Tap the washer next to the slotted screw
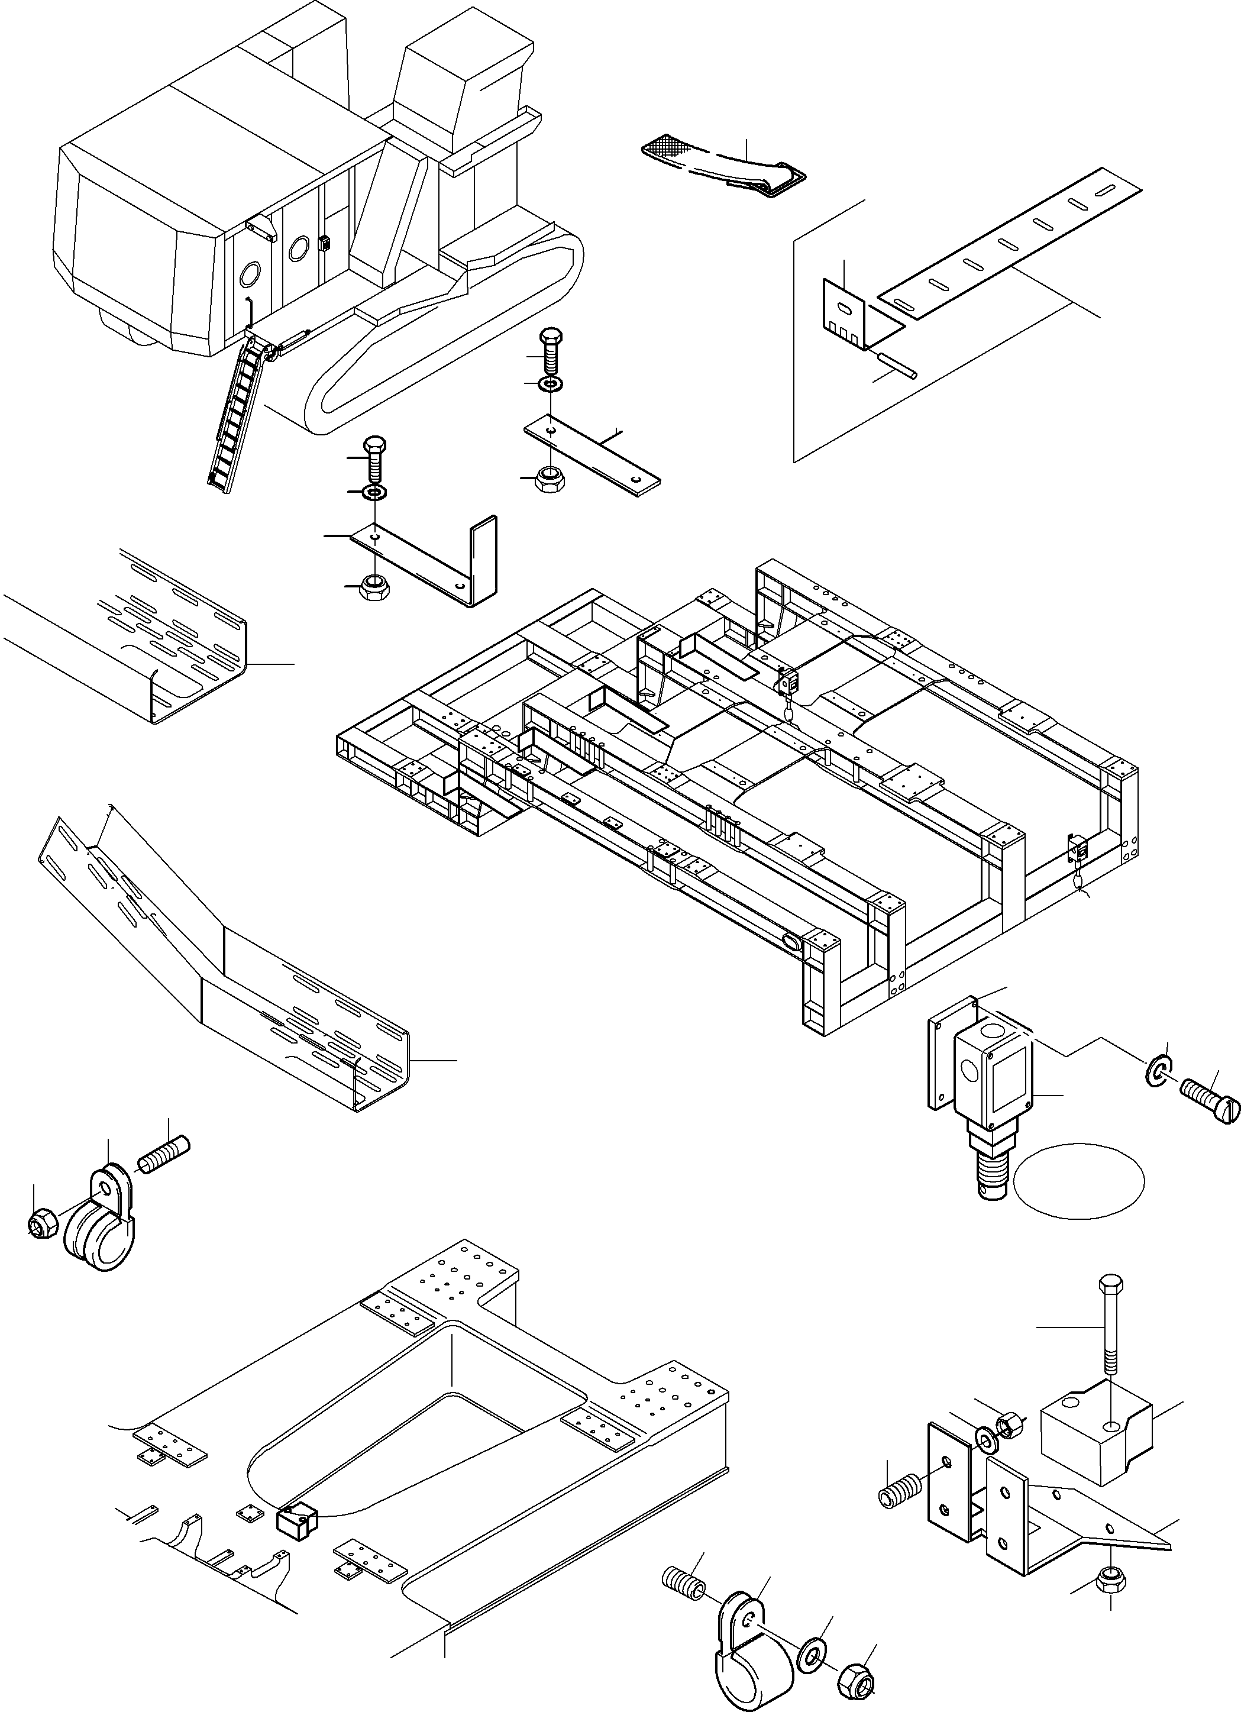coord(1159,1073)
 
